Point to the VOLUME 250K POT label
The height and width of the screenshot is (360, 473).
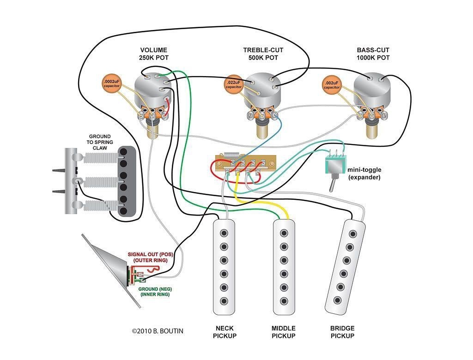(x=154, y=54)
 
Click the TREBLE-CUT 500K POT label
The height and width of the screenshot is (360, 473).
(x=263, y=54)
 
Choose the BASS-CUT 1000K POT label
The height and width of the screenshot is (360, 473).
(x=373, y=54)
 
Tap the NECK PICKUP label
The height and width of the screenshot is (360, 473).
(x=224, y=332)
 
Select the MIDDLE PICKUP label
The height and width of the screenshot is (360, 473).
(x=284, y=332)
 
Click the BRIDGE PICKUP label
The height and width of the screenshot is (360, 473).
(x=342, y=332)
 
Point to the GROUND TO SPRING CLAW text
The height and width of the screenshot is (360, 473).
(x=100, y=143)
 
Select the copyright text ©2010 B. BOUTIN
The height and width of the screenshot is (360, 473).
(x=158, y=331)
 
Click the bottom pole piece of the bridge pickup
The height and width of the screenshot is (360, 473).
(x=336, y=301)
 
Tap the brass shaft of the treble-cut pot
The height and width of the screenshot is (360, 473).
(x=263, y=132)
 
